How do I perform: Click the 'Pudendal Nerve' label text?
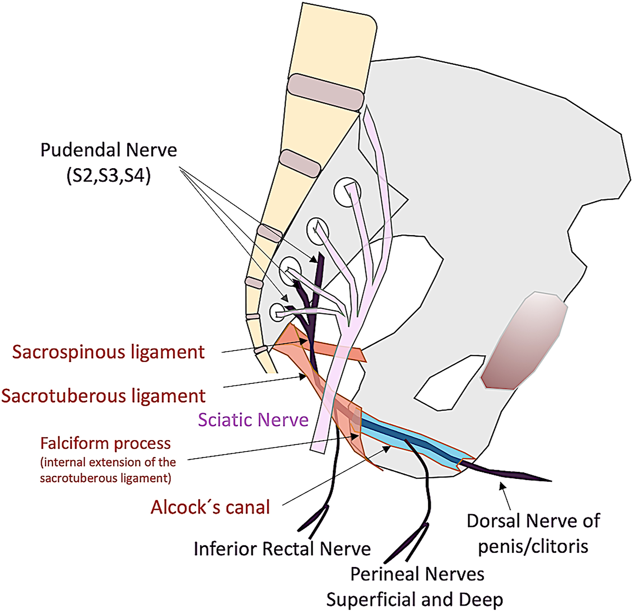[x=109, y=150]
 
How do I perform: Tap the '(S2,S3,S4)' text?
[x=109, y=176]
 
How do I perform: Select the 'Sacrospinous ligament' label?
[x=108, y=352]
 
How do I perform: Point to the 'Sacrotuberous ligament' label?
[x=103, y=396]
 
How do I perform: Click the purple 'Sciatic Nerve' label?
[x=253, y=420]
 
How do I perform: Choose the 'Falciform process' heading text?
[x=105, y=443]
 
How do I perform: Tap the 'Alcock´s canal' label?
[x=210, y=507]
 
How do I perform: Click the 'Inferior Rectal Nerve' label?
[x=282, y=549]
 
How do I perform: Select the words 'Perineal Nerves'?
[x=417, y=574]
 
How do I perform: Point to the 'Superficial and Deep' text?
[x=415, y=600]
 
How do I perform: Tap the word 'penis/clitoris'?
[x=533, y=547]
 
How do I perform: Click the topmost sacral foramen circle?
[x=347, y=192]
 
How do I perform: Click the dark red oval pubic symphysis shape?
[x=523, y=341]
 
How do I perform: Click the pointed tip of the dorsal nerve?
[x=550, y=480]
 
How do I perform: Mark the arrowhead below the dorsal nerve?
[x=503, y=486]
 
